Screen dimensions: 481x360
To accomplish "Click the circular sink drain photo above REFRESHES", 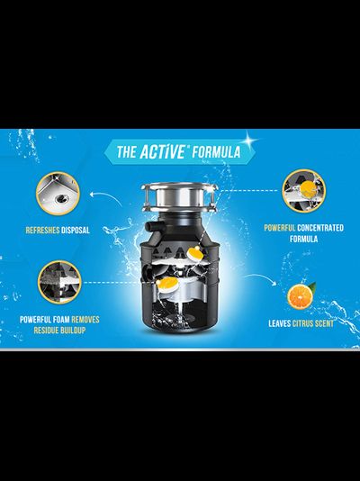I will [58, 193].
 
